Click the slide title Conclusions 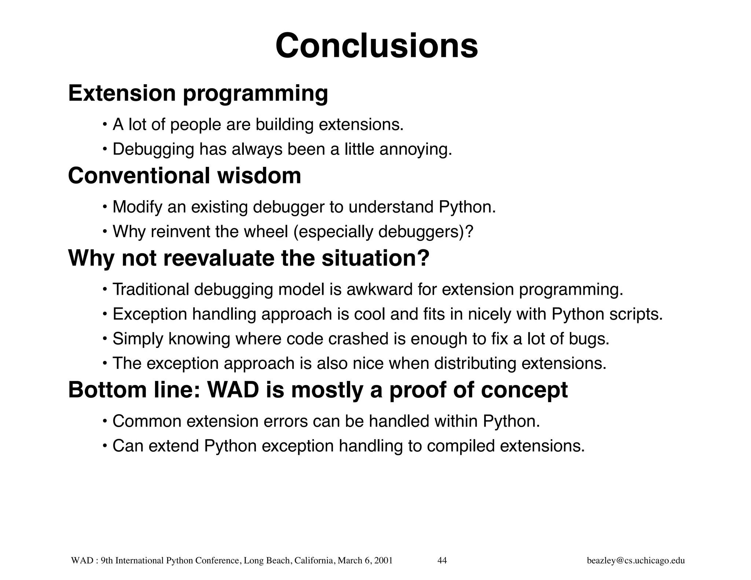click(377, 46)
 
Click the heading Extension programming click(198, 93)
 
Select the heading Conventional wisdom click(184, 176)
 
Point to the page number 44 click(442, 560)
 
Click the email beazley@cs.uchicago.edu click(635, 560)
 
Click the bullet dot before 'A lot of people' click(105, 125)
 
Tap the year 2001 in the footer click(384, 560)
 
